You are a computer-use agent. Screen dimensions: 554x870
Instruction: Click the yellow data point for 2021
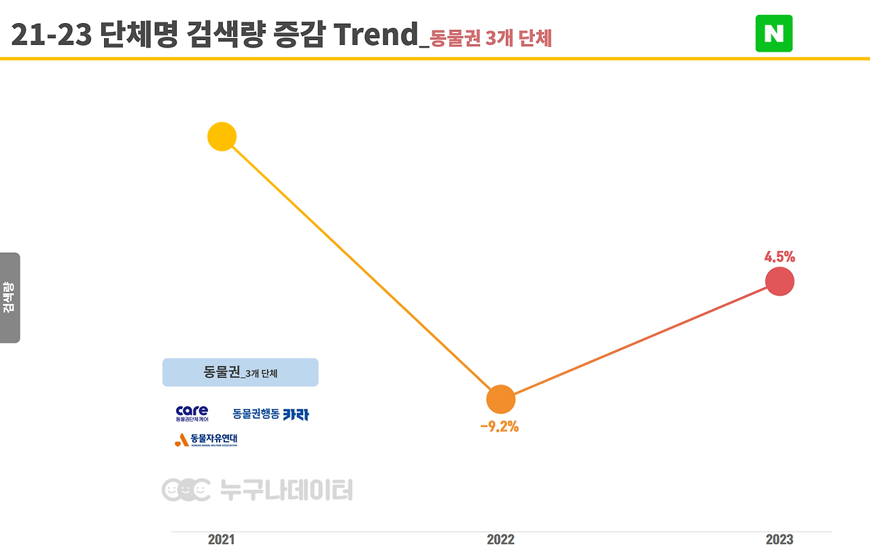click(222, 137)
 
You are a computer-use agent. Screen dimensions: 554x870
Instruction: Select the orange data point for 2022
click(501, 399)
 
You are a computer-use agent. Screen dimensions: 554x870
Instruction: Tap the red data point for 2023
click(780, 281)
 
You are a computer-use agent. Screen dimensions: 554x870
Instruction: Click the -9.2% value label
click(500, 427)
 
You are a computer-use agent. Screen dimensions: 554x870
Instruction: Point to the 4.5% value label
click(780, 257)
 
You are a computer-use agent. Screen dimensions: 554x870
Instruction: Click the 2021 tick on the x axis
click(222, 540)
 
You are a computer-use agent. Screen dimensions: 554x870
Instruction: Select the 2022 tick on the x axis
click(501, 540)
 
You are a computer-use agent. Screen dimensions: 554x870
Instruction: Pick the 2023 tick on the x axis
click(780, 540)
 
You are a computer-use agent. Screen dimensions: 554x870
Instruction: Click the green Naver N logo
click(773, 33)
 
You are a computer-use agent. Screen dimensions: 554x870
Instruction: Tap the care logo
click(192, 413)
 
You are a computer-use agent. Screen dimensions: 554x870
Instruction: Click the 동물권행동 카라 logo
click(271, 414)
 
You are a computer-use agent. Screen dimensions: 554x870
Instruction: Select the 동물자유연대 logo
click(206, 440)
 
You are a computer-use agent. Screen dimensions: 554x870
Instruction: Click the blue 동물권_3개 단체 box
click(240, 373)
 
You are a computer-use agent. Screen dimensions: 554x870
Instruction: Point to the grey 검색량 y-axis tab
click(10, 298)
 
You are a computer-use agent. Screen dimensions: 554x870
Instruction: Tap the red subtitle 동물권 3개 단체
click(491, 38)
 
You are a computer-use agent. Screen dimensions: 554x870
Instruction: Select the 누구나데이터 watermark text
click(286, 489)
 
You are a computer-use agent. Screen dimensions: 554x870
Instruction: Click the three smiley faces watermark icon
click(186, 489)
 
